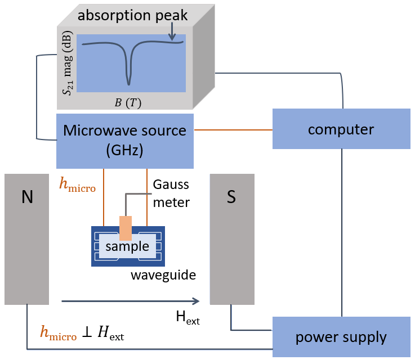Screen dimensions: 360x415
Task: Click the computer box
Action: pos(341,129)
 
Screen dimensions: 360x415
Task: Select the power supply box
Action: pos(341,337)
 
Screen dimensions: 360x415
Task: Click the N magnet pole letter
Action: pos(27,196)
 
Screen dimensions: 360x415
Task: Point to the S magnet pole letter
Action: pos(231,196)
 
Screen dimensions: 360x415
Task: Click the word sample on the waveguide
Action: pos(127,246)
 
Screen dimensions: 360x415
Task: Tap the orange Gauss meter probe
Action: pos(125,228)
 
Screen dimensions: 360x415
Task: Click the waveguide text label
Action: pos(163,275)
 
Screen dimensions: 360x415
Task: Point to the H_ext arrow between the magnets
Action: pos(130,300)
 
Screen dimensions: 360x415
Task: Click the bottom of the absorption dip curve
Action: pos(129,83)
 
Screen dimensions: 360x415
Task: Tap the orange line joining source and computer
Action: pos(233,129)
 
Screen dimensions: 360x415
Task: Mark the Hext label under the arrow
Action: pos(188,319)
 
